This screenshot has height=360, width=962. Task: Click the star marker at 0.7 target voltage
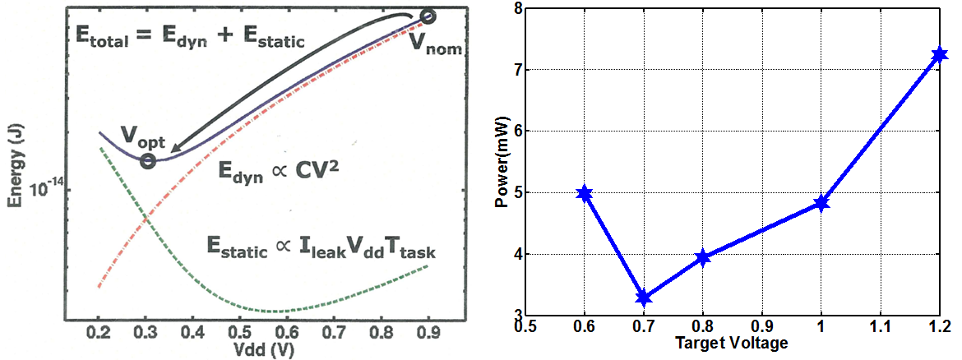644,297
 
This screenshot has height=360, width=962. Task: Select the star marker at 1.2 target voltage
940,55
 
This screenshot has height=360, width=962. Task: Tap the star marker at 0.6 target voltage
585,193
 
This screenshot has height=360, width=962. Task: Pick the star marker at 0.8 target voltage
702,258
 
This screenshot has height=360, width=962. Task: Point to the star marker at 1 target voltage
821,203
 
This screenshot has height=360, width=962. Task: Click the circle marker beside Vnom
428,16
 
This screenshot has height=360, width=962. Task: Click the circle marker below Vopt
148,161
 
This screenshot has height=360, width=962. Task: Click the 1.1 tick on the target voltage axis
881,327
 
